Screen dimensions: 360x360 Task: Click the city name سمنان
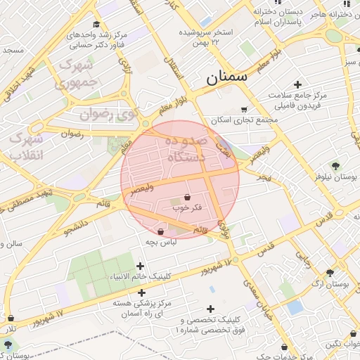[x=227, y=77]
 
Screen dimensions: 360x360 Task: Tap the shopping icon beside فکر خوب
[x=187, y=198]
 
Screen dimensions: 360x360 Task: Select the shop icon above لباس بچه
[x=161, y=231]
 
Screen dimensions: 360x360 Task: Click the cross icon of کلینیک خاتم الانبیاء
[x=140, y=266]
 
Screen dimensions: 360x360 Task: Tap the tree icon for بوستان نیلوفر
[x=335, y=165]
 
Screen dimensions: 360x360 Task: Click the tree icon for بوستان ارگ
[x=330, y=273]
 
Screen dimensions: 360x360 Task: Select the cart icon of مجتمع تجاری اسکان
[x=244, y=109]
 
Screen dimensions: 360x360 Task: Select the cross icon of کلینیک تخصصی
[x=210, y=308]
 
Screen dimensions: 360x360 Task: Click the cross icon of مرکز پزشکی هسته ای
[x=142, y=292]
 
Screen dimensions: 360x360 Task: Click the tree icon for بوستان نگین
[x=330, y=344]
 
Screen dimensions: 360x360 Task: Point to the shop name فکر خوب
[x=187, y=209]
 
